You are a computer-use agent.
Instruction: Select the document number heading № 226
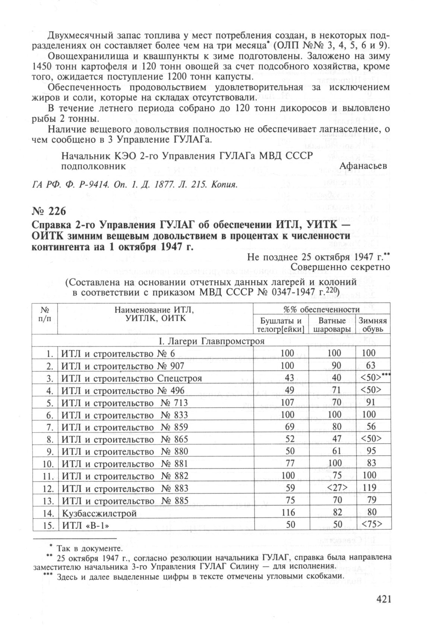(49, 211)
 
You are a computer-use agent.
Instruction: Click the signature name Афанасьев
(363, 165)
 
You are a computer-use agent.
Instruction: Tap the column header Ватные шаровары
(332, 325)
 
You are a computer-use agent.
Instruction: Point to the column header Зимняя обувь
(372, 325)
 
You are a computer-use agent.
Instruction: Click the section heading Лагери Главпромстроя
(212, 341)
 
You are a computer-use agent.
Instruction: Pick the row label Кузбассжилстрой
(99, 513)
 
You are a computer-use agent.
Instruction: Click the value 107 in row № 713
(287, 403)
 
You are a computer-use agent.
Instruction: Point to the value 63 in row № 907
(371, 366)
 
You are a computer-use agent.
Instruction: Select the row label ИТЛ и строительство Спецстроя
(132, 378)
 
